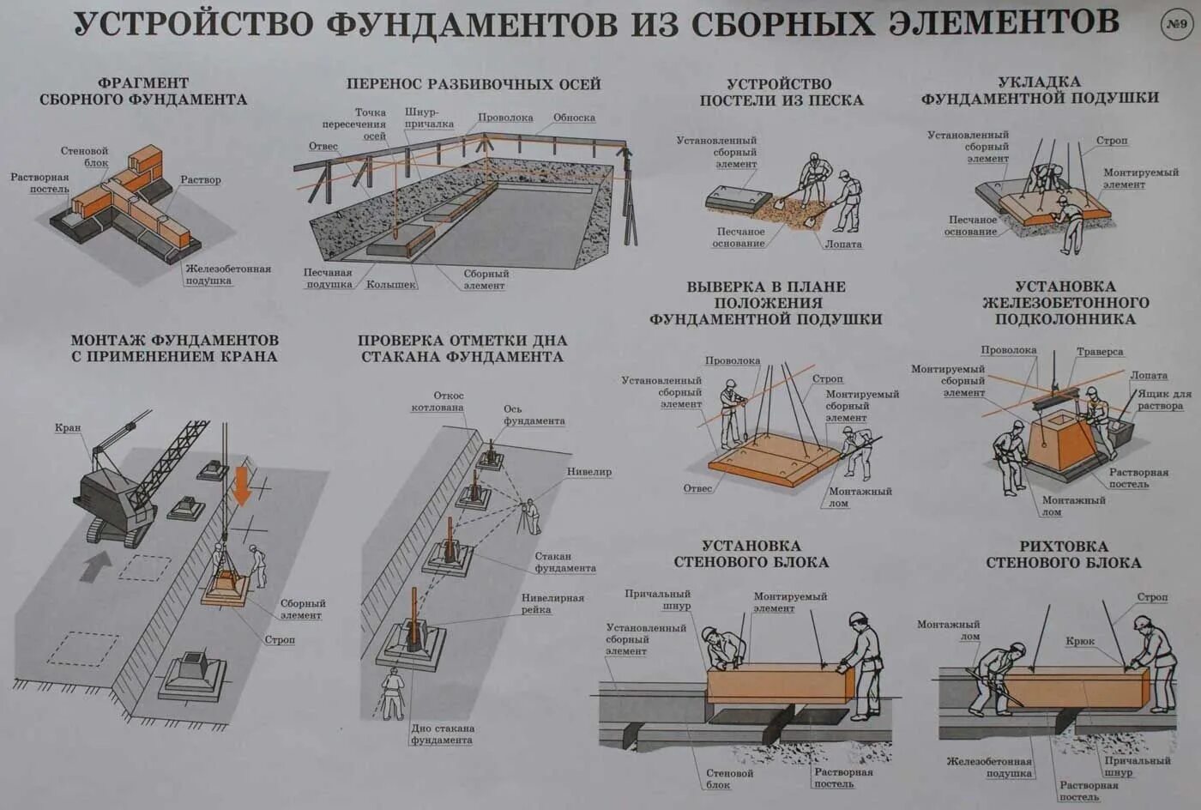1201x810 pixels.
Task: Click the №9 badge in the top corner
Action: [1177, 24]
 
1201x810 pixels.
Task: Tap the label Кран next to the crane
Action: [68, 427]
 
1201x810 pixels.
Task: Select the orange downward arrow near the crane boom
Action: [242, 485]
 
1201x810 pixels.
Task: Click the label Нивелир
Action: [588, 472]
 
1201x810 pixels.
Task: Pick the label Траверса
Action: [1100, 352]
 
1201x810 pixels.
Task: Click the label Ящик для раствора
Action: [1164, 400]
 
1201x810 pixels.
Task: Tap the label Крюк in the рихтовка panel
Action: [1080, 641]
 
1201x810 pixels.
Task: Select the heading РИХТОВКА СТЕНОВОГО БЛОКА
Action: [1063, 554]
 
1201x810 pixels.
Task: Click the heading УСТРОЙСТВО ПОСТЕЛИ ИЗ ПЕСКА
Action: [780, 92]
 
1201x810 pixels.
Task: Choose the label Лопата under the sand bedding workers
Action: [842, 245]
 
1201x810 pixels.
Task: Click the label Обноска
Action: [574, 118]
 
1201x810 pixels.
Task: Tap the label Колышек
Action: [391, 284]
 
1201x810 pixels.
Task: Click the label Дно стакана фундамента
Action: [442, 734]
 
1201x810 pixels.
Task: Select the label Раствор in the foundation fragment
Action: [201, 180]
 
